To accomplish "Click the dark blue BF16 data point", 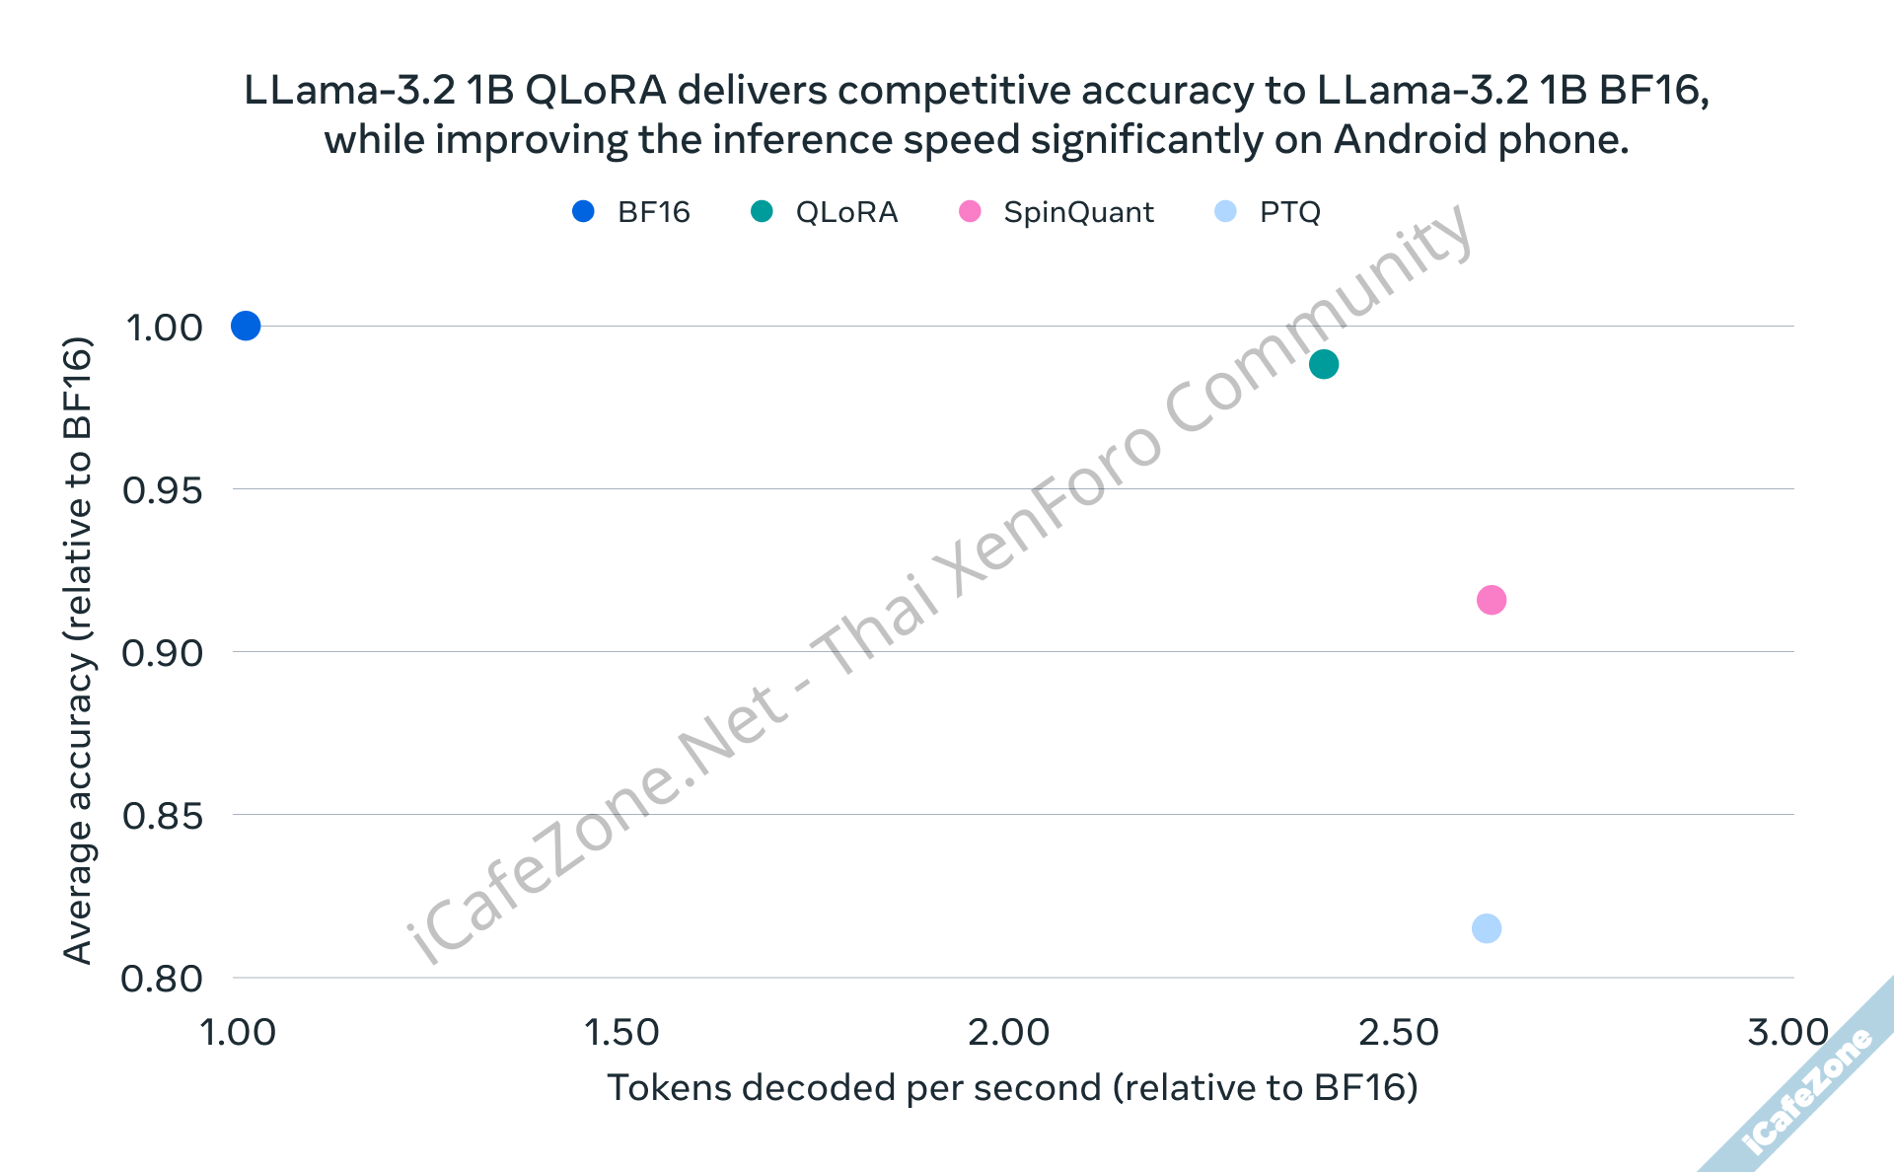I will coord(246,326).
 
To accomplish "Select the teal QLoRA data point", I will coord(1324,364).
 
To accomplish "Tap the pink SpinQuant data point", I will coord(1492,600).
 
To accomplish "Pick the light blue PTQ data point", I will coord(1487,928).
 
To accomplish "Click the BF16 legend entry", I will coord(631,212).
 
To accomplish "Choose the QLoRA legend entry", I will coord(825,212).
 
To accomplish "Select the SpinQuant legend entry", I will coord(1056,212).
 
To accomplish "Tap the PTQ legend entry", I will coord(1269,212).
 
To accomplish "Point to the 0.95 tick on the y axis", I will coord(162,490).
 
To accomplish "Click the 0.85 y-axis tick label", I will coord(162,817).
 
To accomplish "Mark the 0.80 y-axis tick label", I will coord(162,980).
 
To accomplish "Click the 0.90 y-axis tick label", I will coord(162,653).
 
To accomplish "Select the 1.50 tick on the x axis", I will coord(621,1033).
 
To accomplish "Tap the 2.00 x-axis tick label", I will coord(1008,1033).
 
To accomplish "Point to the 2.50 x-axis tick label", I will coord(1399,1033).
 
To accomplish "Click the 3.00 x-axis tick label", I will coord(1787,1033).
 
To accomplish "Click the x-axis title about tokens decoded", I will coord(1012,1087).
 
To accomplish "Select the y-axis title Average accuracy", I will coord(78,651).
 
